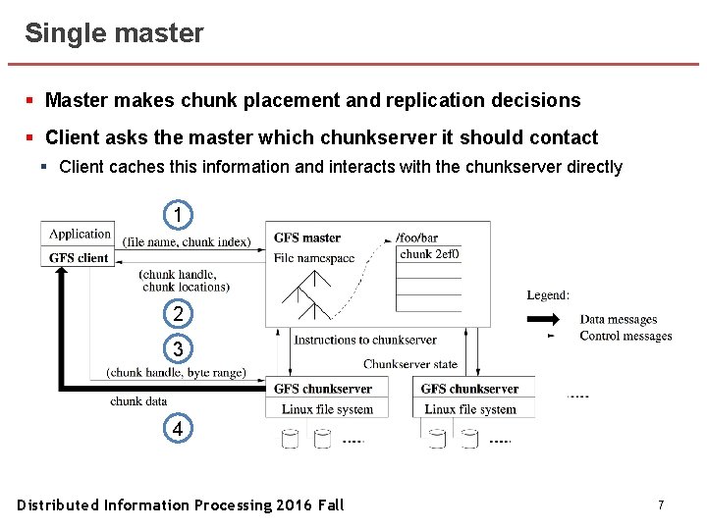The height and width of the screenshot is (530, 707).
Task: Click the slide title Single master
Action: click(x=114, y=33)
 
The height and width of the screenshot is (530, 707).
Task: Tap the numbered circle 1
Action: click(x=177, y=214)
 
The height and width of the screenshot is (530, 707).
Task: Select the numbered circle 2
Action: click(x=177, y=314)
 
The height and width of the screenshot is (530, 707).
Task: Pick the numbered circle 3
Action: click(x=177, y=349)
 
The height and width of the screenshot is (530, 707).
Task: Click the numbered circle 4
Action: click(x=177, y=430)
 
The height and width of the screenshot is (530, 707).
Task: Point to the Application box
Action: click(x=80, y=234)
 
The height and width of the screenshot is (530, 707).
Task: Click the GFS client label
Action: click(x=80, y=257)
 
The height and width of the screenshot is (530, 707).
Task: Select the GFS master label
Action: click(x=307, y=238)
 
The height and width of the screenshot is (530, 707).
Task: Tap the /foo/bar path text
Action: click(x=417, y=238)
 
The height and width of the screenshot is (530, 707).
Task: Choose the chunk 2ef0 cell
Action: click(x=430, y=254)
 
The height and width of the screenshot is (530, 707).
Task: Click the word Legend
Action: click(x=548, y=294)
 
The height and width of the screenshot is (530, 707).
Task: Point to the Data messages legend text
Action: click(x=619, y=319)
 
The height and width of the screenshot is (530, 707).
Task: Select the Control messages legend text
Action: click(x=625, y=336)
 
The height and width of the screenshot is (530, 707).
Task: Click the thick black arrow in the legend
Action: click(x=542, y=319)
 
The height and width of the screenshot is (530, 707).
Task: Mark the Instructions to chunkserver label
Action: click(x=365, y=340)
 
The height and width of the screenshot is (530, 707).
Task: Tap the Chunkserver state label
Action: click(x=410, y=364)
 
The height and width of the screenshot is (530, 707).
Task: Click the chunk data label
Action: click(x=138, y=400)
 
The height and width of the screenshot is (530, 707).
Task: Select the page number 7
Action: click(x=661, y=504)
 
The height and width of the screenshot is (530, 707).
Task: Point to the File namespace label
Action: click(x=315, y=257)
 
